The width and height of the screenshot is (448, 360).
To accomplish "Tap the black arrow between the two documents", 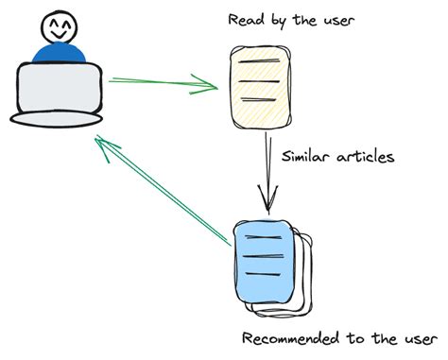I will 267,170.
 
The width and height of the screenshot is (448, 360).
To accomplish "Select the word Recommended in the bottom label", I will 288,338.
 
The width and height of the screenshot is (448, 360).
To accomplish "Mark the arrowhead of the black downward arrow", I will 267,202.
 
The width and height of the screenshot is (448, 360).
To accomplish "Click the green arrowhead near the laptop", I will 103,144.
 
